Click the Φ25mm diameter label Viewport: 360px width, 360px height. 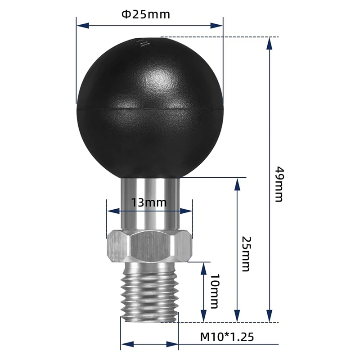(146, 14)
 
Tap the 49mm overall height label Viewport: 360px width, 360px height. (279, 184)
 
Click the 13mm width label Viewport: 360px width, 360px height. (149, 202)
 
